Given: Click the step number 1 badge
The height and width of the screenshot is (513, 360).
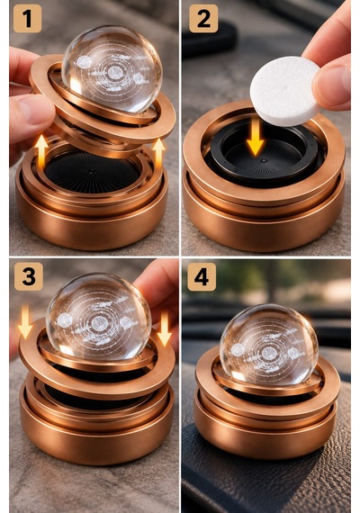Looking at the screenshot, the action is coord(28,18).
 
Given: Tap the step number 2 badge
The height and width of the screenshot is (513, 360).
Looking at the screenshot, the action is coord(203,18).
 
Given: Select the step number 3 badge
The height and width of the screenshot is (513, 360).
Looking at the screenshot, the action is coord(29,276).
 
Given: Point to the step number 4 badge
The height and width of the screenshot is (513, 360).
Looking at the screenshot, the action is coord(202,277).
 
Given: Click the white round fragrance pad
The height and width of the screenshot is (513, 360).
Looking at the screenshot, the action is coord(284,91).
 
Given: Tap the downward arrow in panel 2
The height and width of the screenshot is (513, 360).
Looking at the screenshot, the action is coord(255,137).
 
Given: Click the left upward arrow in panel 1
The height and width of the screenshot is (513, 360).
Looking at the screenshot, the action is coord(41,152).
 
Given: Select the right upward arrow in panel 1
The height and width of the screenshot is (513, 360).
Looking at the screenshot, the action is coord(158,153).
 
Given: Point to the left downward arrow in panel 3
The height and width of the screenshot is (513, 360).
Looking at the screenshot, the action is coord(25,321).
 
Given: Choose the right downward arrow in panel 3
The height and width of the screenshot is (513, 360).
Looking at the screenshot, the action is coord(165,328).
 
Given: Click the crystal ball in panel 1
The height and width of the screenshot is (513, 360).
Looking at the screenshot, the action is coord(112,68).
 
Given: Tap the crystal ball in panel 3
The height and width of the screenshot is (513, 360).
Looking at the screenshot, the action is coord(98,319).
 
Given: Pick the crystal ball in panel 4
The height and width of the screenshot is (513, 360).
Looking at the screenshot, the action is coord(269,346).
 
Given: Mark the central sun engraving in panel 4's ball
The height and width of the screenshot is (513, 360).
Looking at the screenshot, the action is coord(269,354).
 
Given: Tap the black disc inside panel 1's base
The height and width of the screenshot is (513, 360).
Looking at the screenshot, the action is coord(92,172).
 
